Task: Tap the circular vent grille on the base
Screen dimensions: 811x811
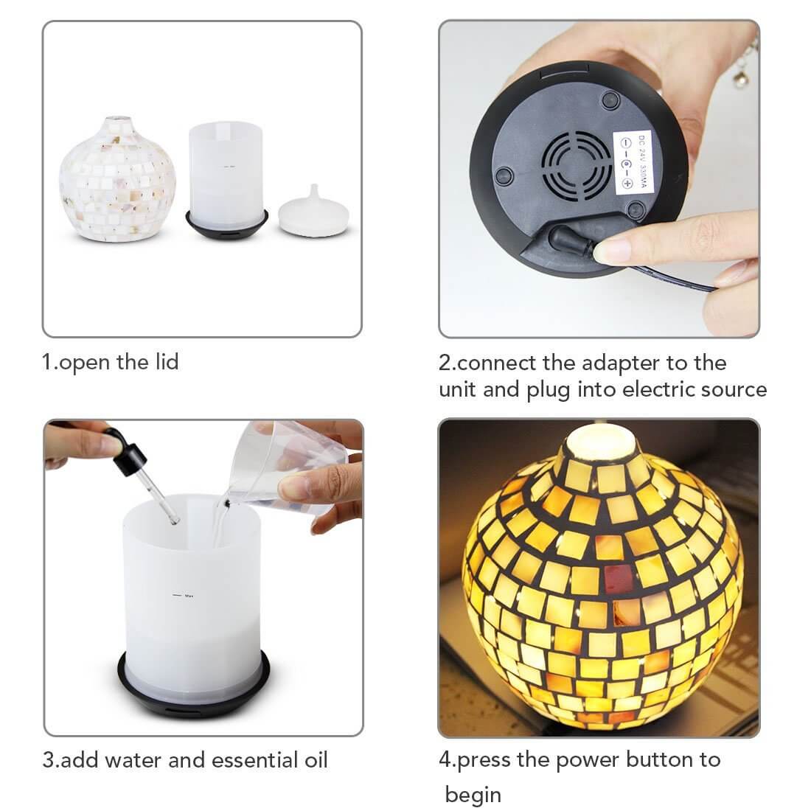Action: pos(577,166)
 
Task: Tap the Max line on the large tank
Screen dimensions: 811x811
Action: pos(177,594)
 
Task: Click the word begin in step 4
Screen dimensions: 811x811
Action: pos(473,795)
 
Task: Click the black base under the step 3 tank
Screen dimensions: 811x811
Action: pos(194,697)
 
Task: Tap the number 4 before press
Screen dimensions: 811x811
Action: pos(444,759)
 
